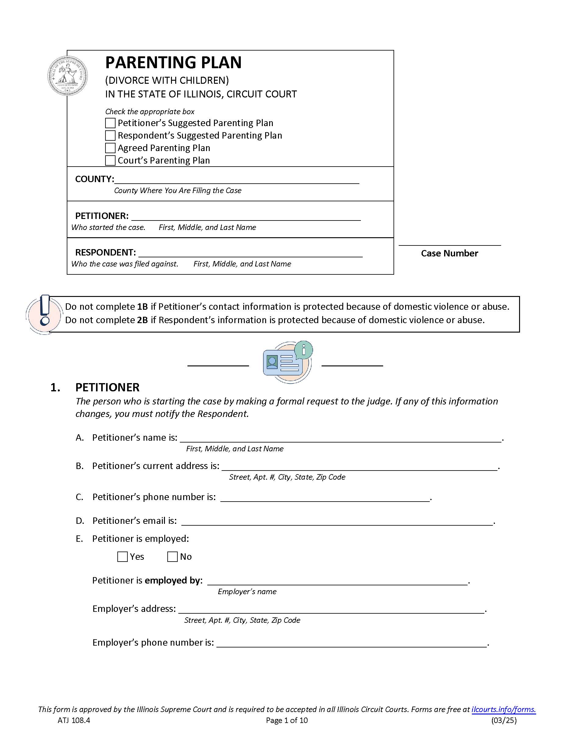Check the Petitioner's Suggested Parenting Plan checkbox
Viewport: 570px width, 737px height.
[x=110, y=123]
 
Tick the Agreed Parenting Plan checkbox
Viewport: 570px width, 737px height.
[x=110, y=148]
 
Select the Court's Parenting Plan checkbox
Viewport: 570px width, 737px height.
[x=110, y=160]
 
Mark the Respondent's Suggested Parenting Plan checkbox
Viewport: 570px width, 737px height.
[x=110, y=136]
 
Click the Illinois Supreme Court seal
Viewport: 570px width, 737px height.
[x=68, y=76]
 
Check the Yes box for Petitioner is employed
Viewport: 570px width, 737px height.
[x=122, y=556]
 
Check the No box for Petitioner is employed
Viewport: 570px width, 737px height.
[x=172, y=556]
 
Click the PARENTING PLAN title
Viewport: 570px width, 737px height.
[x=173, y=63]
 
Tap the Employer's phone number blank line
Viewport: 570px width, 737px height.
[x=351, y=643]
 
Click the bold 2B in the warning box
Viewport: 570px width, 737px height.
[x=143, y=320]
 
